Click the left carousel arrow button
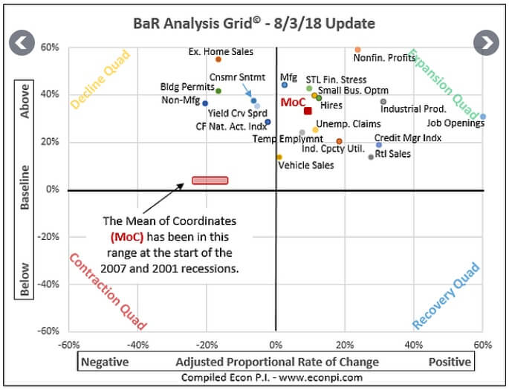[x=22, y=42]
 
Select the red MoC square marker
[x=308, y=111]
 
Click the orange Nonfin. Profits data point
[x=357, y=50]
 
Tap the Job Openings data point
[x=483, y=117]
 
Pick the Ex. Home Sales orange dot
[x=218, y=59]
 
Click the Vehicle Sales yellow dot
[x=279, y=157]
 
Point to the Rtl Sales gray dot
[x=372, y=157]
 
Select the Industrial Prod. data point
[x=383, y=102]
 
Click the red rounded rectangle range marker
[x=210, y=181]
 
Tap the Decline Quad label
[x=100, y=79]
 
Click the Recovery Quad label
[x=447, y=296]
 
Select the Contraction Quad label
[x=108, y=291]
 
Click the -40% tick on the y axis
[x=49, y=285]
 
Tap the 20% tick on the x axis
[x=344, y=345]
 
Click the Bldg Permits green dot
[x=218, y=91]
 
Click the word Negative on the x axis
[x=105, y=362]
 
